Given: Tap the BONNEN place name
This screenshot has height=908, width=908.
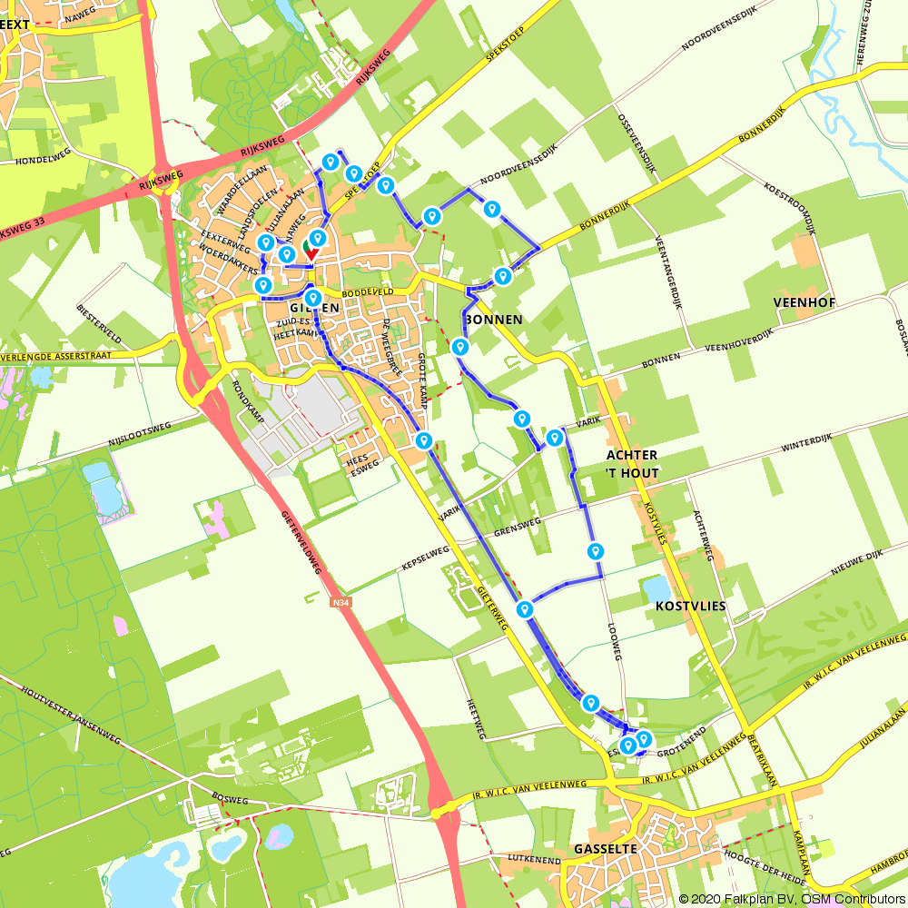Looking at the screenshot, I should [x=494, y=320].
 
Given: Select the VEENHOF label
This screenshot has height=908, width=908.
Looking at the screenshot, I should [x=803, y=301].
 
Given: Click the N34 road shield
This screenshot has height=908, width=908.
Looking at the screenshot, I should [x=340, y=601].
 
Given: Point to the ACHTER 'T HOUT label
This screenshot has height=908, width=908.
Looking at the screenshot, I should [x=632, y=463].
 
